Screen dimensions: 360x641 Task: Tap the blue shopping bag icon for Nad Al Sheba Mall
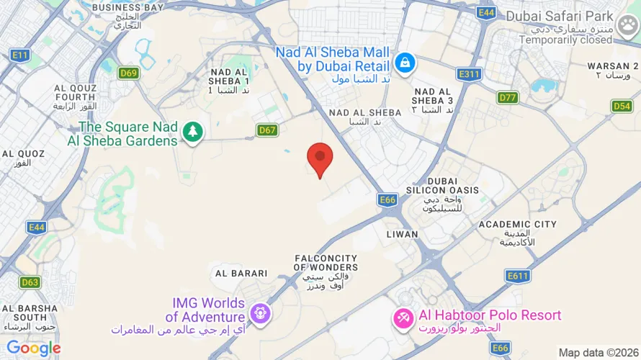coord(405,62)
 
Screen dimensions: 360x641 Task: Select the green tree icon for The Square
coord(192,132)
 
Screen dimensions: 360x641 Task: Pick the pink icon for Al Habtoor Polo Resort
coord(402,316)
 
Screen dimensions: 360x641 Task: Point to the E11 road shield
coord(19,55)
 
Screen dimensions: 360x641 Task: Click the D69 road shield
coord(129,72)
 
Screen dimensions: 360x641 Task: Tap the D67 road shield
coord(267,130)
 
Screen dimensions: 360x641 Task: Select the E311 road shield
coord(469,73)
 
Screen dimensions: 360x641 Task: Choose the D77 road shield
coord(508,96)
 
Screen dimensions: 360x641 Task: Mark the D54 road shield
coord(622,106)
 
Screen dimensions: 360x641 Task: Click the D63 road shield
coord(30,282)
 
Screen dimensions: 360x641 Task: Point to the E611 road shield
coord(518,276)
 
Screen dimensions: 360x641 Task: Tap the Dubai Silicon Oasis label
coord(452,190)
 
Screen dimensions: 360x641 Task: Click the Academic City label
coord(518,225)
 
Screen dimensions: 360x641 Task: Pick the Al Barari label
coord(241,274)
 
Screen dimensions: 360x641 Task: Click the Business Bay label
coord(127,7)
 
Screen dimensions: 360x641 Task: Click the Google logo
coord(34,348)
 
